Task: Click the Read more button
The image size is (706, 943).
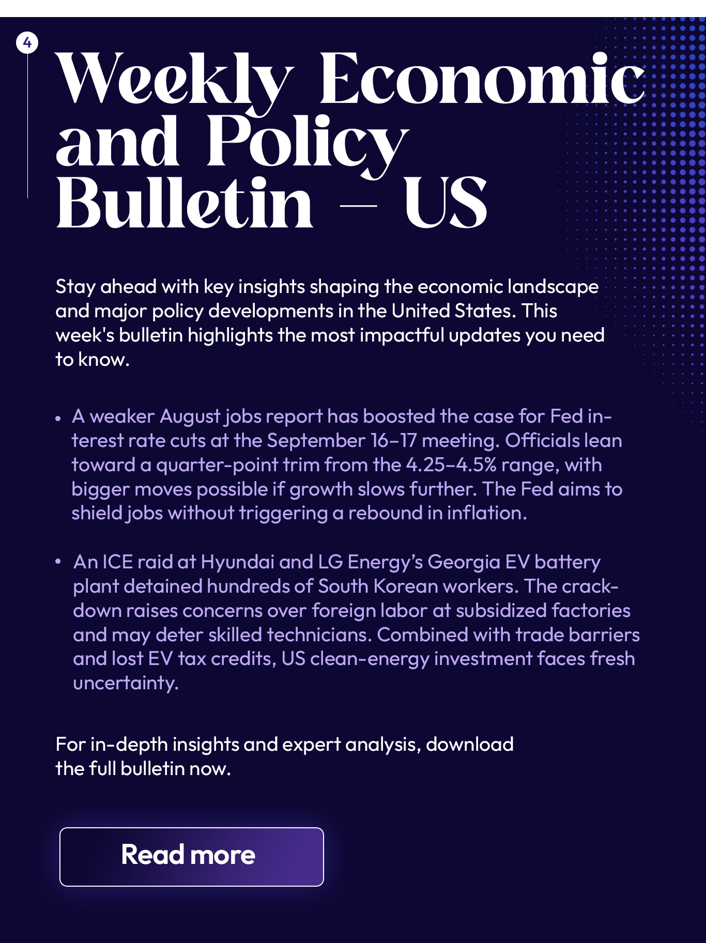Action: click(x=191, y=857)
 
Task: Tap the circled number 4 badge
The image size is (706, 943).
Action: click(x=27, y=42)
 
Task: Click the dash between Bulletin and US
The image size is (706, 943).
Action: click(x=358, y=206)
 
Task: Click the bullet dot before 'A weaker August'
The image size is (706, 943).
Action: click(x=58, y=418)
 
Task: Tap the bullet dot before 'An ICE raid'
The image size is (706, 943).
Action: click(x=58, y=561)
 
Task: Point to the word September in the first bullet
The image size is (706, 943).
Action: click(x=316, y=441)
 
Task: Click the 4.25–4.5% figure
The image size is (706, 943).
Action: click(x=451, y=465)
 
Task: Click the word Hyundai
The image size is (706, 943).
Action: click(x=237, y=562)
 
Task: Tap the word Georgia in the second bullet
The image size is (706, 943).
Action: click(x=464, y=562)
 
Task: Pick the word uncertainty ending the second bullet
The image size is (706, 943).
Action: click(x=126, y=683)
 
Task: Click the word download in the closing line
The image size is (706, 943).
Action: click(x=469, y=745)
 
